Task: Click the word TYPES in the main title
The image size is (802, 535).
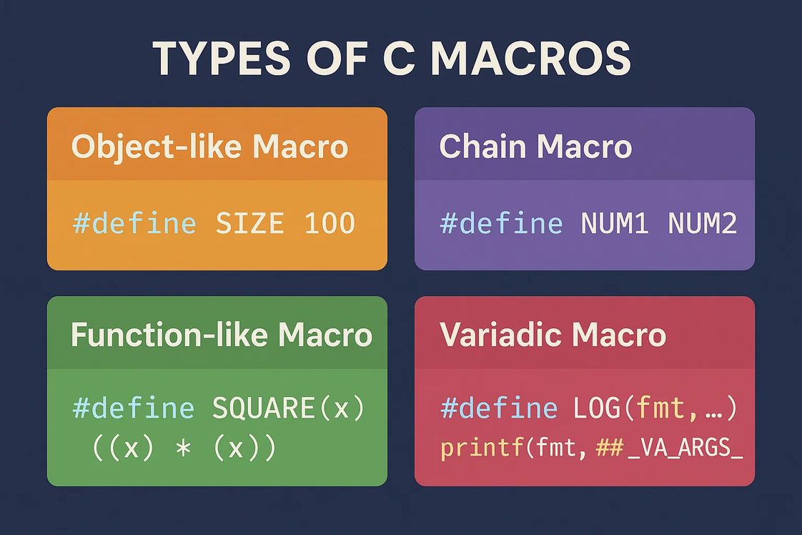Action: coord(222,59)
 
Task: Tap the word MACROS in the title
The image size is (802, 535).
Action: coord(531,59)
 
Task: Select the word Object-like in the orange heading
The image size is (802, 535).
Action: coord(156,147)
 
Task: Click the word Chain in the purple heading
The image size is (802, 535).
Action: coord(482,147)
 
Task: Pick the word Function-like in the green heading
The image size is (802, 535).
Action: coord(169,335)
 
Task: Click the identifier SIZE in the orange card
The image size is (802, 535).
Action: coord(249,223)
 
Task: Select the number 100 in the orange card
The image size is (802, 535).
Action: coord(330,223)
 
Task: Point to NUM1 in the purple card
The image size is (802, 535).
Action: coord(615,223)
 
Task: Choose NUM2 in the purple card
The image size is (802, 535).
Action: coord(702,223)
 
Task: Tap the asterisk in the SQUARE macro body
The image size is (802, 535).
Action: coord(183,448)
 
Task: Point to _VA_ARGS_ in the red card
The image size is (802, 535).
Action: coord(685,448)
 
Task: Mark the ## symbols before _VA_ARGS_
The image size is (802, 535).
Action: coord(610,448)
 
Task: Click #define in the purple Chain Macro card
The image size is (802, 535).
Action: coord(501,223)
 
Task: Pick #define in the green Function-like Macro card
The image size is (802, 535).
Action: coord(134,408)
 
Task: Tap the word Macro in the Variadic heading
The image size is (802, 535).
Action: coord(619,335)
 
